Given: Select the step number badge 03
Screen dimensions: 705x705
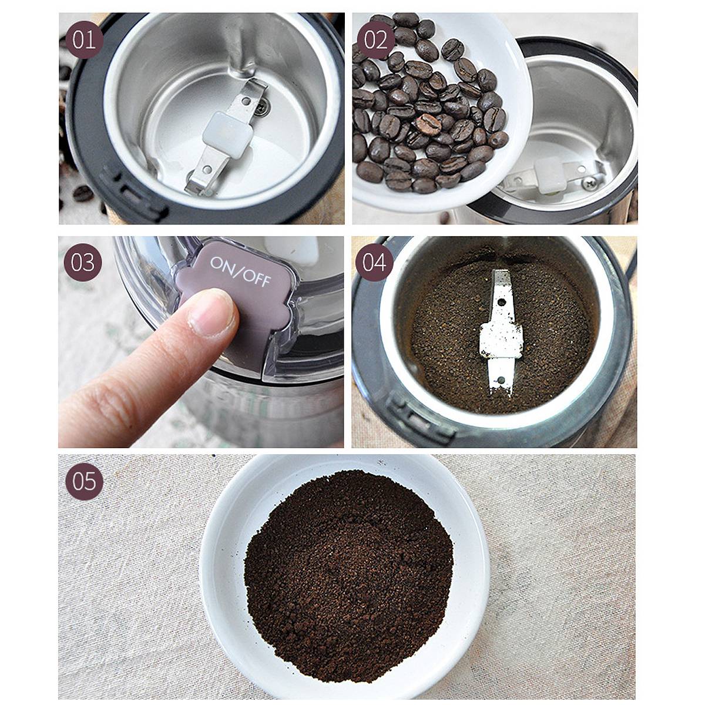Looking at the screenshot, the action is coord(83,262).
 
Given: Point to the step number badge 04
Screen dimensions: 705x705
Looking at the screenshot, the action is coord(374,262).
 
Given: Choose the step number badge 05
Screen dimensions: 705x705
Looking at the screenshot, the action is coord(84,481).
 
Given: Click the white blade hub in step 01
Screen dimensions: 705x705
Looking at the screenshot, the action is coord(227,135).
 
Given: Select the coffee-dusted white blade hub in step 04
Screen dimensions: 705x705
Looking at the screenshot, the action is coord(501,340).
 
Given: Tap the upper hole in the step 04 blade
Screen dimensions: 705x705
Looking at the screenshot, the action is coord(502,303).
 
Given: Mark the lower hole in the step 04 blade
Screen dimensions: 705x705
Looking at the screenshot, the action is coord(501,380).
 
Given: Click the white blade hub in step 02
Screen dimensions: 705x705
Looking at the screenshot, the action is coord(548,175).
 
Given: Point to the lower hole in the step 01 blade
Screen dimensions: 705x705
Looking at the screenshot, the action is coord(207,169).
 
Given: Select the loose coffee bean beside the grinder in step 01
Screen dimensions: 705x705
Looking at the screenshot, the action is coord(83,193).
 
